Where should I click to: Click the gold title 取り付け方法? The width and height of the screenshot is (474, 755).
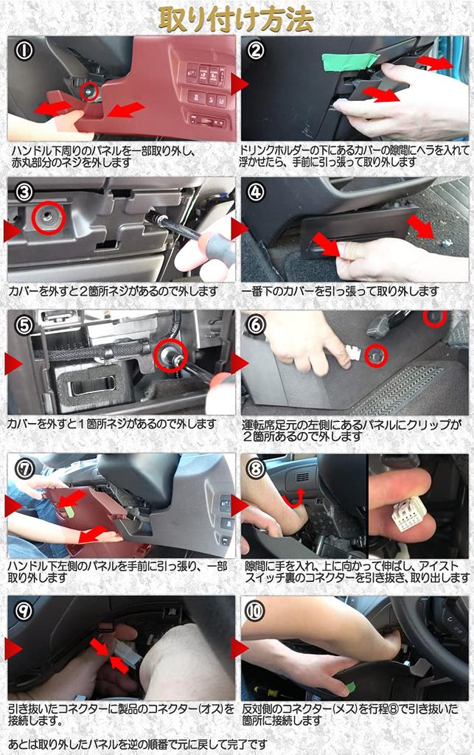coord(237,18)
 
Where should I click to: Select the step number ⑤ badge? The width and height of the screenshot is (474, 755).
coord(24,325)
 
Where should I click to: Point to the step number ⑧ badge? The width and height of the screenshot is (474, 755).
coord(256,468)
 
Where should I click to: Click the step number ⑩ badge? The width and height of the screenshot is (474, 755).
coord(255,611)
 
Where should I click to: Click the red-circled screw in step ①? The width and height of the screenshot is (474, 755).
coord(89,91)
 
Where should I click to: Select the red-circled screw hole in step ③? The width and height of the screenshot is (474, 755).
coord(49,218)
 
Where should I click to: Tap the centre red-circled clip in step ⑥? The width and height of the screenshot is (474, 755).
coord(376,356)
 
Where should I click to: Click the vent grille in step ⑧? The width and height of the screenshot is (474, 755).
coord(302,478)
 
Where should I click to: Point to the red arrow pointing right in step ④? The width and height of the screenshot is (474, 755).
coord(421,226)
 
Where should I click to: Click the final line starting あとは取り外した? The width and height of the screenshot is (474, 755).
coord(138,745)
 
